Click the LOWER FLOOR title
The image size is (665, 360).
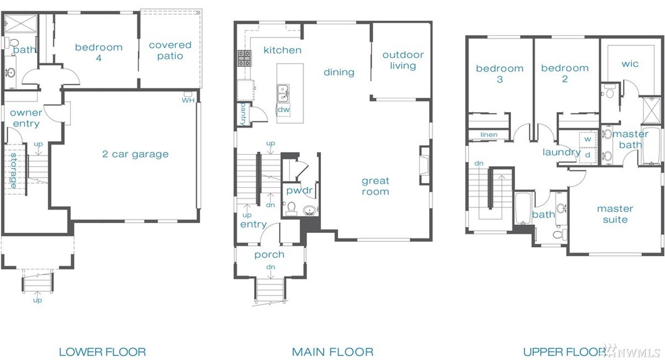tap(102, 351)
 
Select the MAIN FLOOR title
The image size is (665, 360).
tap(332, 351)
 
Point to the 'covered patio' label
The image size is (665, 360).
tap(170, 50)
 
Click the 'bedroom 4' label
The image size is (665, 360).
tap(99, 52)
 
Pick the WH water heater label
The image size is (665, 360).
tap(187, 100)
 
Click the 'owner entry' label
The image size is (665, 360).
tap(26, 118)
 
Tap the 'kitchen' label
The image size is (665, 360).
tap(282, 50)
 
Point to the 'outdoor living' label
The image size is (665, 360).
tap(403, 60)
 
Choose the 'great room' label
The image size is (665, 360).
tap(375, 186)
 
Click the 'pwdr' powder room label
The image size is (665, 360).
tap(298, 191)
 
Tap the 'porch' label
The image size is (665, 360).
tap(269, 255)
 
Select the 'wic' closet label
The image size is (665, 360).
tap(629, 64)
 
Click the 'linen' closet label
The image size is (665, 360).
tap(489, 134)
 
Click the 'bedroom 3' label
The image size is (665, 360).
tap(499, 74)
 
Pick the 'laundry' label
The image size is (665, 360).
tap(561, 152)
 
